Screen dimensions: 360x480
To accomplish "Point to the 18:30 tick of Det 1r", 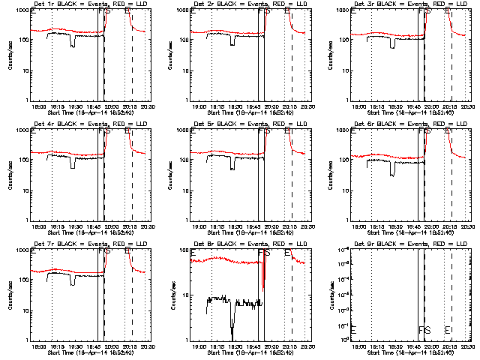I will pyautogui.click(x=73, y=107).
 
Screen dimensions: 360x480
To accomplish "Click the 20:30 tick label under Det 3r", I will pyautogui.click(x=466, y=107).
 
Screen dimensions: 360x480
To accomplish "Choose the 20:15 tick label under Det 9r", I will pyautogui.click(x=450, y=347).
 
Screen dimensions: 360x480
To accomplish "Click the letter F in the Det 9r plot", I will pyautogui.click(x=421, y=330).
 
